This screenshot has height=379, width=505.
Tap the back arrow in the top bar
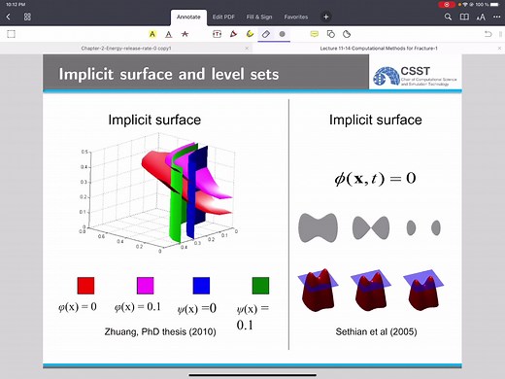(9, 17)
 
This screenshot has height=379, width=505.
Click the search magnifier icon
(448, 17)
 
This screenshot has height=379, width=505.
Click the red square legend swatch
(85, 286)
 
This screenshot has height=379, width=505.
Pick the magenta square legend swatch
(145, 286)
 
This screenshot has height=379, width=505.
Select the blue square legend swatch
(202, 286)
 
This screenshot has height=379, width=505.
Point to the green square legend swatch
(259, 286)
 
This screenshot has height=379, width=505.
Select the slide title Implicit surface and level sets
(169, 74)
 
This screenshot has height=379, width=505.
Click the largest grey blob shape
(323, 226)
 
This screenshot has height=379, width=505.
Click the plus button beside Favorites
(326, 17)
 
